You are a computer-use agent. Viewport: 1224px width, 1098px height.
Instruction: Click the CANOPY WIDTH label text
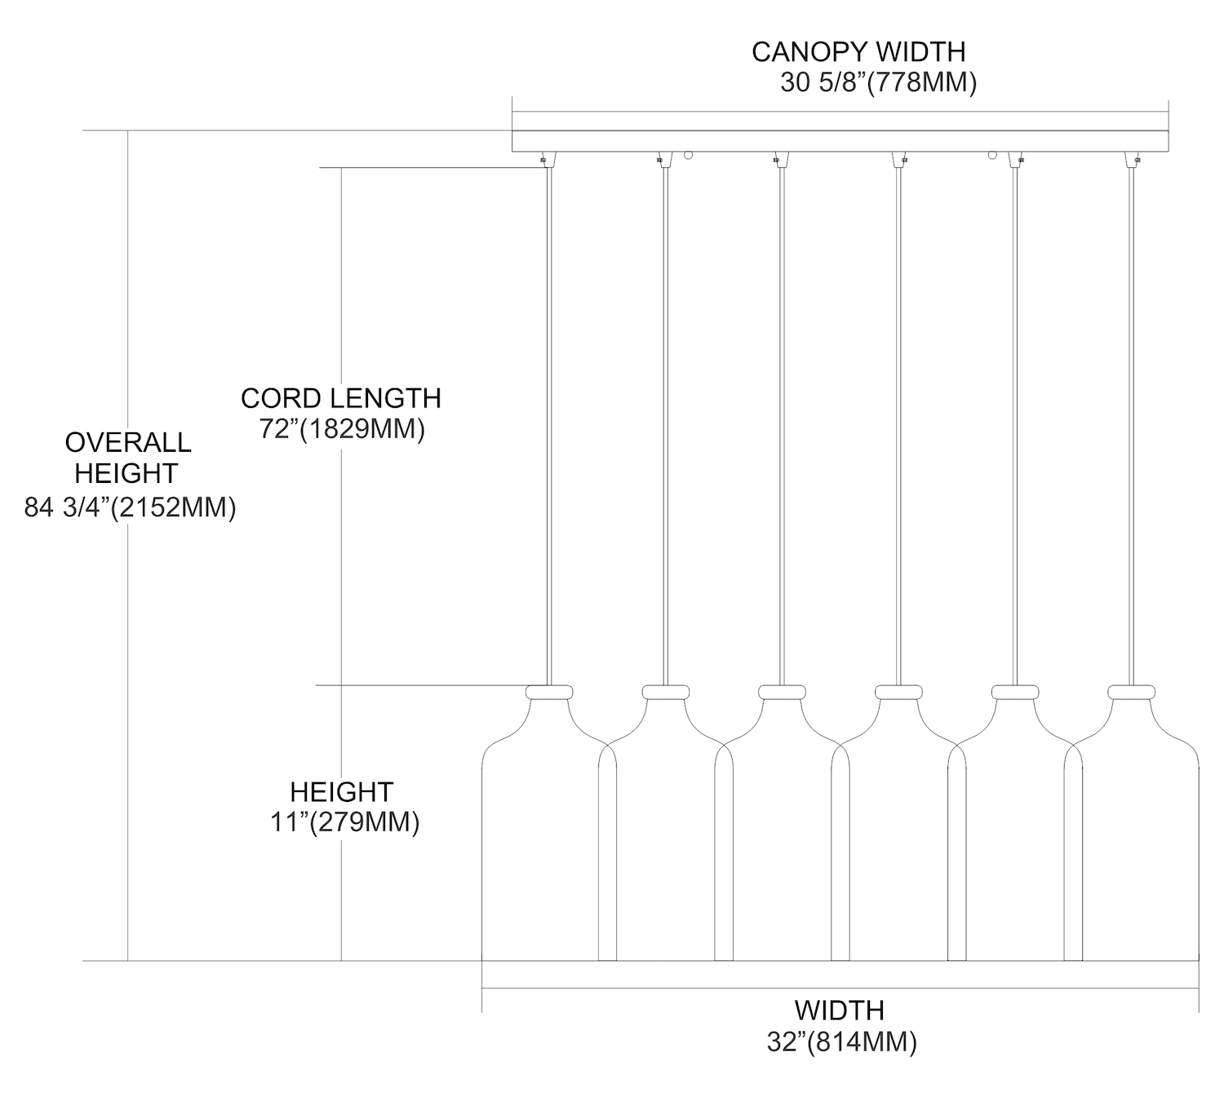pyautogui.click(x=858, y=51)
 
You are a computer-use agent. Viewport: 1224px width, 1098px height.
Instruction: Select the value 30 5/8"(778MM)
pyautogui.click(x=878, y=83)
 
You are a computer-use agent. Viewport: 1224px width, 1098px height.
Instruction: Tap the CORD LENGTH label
pyautogui.click(x=340, y=398)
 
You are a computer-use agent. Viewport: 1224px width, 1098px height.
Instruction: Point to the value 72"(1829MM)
pyautogui.click(x=342, y=429)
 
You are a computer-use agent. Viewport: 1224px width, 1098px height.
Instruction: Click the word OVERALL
pyautogui.click(x=128, y=442)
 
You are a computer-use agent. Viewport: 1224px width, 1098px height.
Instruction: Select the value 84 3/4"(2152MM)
pyautogui.click(x=130, y=507)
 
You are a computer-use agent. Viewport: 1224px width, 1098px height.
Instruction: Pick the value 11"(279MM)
pyautogui.click(x=344, y=822)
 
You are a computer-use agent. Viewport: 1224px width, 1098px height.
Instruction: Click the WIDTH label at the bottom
pyautogui.click(x=839, y=1010)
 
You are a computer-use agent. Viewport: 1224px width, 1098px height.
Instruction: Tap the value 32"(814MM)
pyautogui.click(x=840, y=1042)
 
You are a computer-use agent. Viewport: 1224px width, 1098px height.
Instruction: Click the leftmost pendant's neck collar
pyautogui.click(x=549, y=692)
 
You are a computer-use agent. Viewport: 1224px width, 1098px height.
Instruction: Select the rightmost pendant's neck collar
pyautogui.click(x=1132, y=692)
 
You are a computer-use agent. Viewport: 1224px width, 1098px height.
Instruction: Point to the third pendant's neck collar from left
pyautogui.click(x=782, y=692)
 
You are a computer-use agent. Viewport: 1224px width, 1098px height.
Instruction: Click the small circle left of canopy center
pyautogui.click(x=688, y=154)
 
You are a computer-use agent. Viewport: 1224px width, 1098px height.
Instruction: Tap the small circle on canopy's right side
pyautogui.click(x=993, y=154)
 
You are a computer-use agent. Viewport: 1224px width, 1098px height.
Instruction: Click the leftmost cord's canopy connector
pyautogui.click(x=544, y=158)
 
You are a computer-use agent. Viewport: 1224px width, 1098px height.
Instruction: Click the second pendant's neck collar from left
pyautogui.click(x=666, y=692)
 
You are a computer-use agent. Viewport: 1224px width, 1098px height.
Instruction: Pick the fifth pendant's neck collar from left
pyautogui.click(x=1015, y=692)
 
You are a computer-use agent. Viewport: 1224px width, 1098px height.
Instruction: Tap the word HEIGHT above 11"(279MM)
pyautogui.click(x=342, y=791)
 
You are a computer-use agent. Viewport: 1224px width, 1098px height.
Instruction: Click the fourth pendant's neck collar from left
pyautogui.click(x=898, y=692)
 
